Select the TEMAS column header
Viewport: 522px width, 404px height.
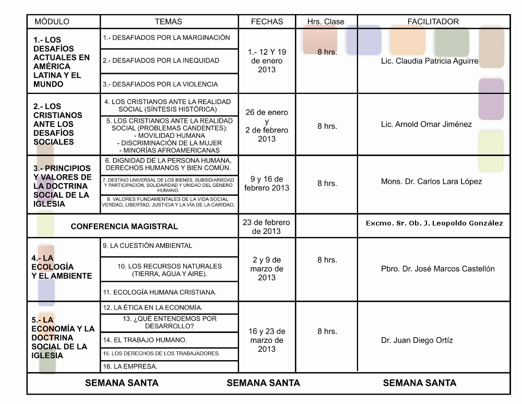(169, 22)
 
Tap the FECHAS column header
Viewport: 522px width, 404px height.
(267, 22)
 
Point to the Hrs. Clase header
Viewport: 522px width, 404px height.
(326, 22)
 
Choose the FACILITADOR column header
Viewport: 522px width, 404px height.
(433, 22)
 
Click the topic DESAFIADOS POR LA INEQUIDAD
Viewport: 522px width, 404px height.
(161, 61)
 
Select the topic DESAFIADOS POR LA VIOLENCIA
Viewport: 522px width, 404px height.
(160, 84)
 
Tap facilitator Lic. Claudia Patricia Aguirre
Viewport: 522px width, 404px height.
(430, 61)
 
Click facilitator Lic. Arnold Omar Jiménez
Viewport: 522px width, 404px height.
(426, 124)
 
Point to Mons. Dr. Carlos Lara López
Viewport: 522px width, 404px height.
(431, 182)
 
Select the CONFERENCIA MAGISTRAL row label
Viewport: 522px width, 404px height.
(124, 227)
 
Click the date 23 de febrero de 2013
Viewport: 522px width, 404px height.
(266, 227)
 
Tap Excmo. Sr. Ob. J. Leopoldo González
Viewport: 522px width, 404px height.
(434, 223)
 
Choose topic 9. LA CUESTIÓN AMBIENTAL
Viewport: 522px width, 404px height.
(148, 245)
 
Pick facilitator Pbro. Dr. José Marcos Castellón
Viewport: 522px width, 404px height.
(437, 269)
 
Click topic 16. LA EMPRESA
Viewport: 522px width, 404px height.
(130, 366)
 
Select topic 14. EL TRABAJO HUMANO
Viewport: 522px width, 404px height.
(145, 340)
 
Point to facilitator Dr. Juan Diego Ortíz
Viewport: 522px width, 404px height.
(417, 340)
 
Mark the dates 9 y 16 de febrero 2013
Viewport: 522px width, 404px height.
(266, 183)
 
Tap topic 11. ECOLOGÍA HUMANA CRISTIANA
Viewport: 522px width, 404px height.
(160, 292)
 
